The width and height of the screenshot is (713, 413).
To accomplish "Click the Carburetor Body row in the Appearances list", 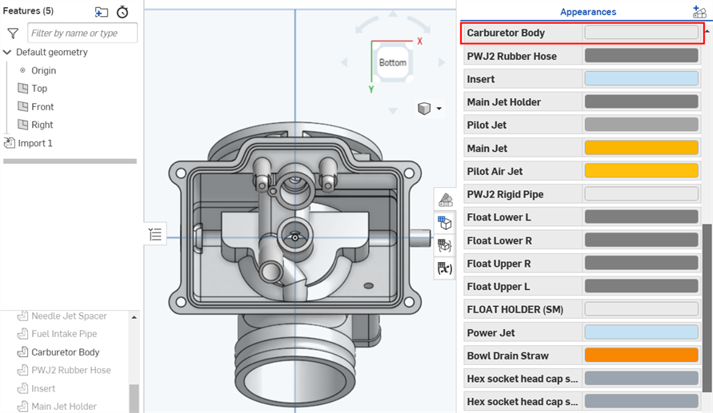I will point(506,33).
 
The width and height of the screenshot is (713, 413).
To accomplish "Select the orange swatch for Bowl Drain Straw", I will point(641,355).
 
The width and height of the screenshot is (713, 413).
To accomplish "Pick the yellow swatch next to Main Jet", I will point(641,148).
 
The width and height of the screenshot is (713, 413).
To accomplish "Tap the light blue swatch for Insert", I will point(641,79).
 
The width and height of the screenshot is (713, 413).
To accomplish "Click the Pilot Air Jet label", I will point(495,171).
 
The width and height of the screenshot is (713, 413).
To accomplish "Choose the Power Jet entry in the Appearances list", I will point(491,332).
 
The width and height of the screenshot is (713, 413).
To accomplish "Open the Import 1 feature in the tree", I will point(35,143).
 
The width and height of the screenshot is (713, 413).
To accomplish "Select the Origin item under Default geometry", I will point(43,70).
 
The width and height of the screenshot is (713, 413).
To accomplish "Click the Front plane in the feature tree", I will point(42,106).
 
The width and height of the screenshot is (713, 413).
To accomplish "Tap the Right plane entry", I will point(42,125).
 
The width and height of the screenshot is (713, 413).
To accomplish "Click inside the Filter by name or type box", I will point(82,33).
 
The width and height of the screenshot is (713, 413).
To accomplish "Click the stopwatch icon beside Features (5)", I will point(122,12).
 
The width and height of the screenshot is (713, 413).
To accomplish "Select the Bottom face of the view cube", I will point(393,62).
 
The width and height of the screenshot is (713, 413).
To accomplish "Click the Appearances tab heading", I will point(587,12).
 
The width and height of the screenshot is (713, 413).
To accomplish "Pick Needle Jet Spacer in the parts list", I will point(69,316).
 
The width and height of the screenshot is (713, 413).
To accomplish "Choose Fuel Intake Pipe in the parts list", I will point(64,334).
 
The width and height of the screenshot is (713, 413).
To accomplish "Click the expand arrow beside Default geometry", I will point(7,53).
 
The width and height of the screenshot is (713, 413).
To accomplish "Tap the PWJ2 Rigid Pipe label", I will point(505,194).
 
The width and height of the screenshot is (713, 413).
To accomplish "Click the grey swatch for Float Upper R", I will point(641,264).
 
